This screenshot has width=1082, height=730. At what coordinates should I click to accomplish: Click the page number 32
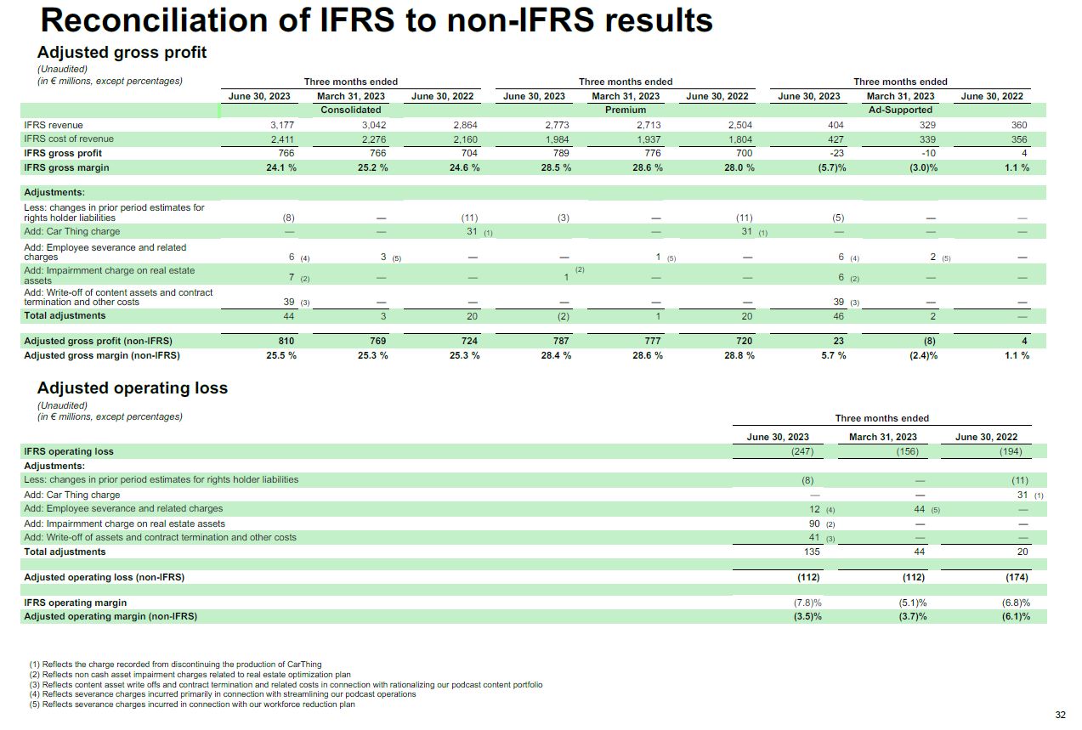click(1060, 715)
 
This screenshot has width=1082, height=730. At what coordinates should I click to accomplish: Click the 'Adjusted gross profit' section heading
click(122, 52)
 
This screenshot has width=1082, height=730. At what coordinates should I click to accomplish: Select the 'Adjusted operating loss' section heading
click(133, 388)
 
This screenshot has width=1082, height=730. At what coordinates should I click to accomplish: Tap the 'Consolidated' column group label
click(351, 110)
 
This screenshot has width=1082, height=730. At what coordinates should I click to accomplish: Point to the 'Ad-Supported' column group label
click(900, 110)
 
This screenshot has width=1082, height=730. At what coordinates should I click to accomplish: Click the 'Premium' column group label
click(626, 110)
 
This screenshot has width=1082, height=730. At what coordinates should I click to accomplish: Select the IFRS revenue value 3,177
click(282, 125)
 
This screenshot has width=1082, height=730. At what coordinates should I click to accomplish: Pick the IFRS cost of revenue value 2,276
click(374, 139)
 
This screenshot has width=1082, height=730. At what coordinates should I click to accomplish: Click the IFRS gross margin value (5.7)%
click(832, 168)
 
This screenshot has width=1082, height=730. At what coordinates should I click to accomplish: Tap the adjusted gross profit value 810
click(286, 341)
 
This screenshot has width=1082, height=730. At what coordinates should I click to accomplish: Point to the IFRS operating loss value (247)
click(802, 451)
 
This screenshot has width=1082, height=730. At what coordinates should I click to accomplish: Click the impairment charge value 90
click(814, 523)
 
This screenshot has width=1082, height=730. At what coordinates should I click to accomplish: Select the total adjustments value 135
click(812, 552)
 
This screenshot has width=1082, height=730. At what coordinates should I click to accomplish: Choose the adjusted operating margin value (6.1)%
click(1016, 616)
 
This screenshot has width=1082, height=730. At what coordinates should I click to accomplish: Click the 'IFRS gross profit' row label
click(63, 153)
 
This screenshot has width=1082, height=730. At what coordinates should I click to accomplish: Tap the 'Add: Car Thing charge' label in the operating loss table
click(72, 495)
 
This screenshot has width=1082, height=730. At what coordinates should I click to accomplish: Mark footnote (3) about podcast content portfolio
click(286, 685)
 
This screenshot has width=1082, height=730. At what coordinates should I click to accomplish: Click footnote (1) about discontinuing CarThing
click(175, 665)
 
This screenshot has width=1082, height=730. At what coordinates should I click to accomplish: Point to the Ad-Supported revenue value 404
click(836, 125)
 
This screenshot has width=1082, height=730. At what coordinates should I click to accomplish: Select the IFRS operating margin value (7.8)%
click(807, 603)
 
